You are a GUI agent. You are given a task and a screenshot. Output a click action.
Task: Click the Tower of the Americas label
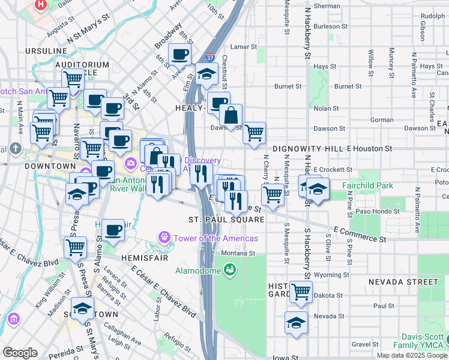pos(215,238)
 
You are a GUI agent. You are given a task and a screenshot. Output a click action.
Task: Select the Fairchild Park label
pos(367,185)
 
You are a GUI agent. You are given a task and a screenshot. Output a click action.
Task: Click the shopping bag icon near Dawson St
pos(231,115)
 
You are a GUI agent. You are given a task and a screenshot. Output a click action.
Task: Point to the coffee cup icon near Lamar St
pos(180,55)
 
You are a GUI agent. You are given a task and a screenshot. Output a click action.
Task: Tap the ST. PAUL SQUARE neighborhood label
pos(226,220)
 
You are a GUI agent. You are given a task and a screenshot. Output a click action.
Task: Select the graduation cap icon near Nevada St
pos(295,322)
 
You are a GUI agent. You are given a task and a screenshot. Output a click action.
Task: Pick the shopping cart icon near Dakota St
pos(301,292)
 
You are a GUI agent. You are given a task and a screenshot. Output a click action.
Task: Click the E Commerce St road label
pos(358,233)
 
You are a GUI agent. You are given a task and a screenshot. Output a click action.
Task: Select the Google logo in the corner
pos(20,353)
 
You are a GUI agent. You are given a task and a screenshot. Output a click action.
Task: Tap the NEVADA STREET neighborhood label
pos(403,282)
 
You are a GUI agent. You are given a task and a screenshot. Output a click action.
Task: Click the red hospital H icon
pos(41,4)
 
